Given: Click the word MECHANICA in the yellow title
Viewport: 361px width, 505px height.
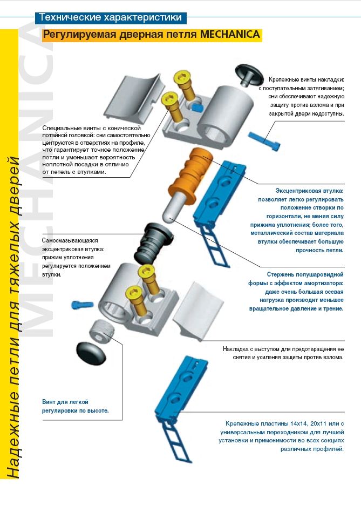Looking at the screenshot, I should coord(230,35).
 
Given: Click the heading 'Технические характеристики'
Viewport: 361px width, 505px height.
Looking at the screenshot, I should coord(111,18).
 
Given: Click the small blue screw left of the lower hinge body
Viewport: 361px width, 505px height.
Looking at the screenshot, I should coord(79,305).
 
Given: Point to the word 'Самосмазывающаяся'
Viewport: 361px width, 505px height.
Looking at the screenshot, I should coord(70,240).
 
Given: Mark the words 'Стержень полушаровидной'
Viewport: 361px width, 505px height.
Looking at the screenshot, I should coord(305,274).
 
